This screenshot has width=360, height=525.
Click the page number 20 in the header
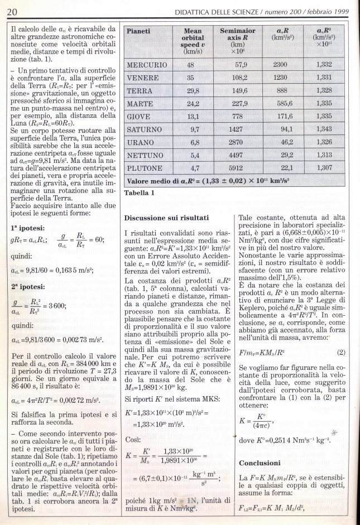pyautogui.click(x=12, y=11)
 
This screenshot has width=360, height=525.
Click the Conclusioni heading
pyautogui.click(x=260, y=463)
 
